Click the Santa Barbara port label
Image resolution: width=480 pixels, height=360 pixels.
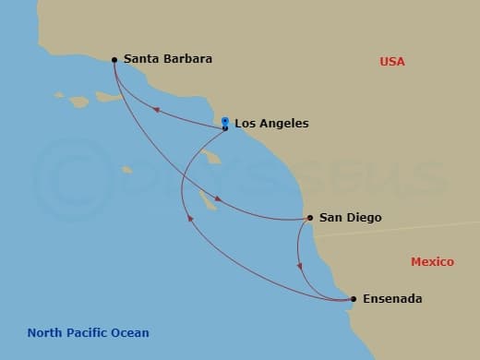tap(167, 59)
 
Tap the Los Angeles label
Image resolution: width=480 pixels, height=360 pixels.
tap(271, 123)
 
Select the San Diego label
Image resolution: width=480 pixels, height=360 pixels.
tap(350, 218)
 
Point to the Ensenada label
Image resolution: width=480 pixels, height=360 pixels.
tap(392, 299)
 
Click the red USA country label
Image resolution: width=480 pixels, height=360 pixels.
tap(392, 62)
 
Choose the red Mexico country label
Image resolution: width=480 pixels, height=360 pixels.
tap(432, 262)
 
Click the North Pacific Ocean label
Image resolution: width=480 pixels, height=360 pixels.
tap(88, 333)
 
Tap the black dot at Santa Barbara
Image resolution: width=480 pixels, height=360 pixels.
tap(114, 60)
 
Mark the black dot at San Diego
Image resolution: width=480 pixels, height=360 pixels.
tap(309, 219)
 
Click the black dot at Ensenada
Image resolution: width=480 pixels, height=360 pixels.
tap(354, 299)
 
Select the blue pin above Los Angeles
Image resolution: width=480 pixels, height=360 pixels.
tap(225, 120)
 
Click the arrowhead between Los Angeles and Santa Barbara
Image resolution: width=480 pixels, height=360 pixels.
tap(156, 109)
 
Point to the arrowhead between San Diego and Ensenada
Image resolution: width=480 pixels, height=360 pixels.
tap(299, 267)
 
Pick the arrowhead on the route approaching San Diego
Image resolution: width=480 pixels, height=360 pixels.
tap(218, 198)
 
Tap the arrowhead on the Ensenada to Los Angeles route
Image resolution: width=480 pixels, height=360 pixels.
tap(190, 219)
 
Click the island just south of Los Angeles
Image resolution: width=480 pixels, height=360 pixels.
tap(213, 158)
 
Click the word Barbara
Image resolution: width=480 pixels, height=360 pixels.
tap(188, 59)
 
